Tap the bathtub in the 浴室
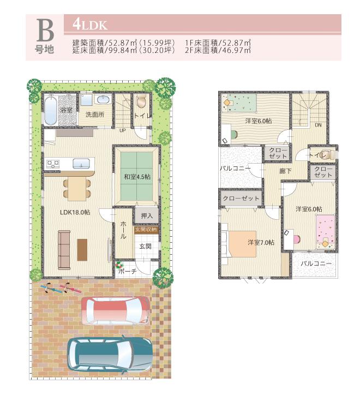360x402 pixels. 51,111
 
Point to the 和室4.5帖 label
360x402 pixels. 136,176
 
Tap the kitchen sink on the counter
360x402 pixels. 81,163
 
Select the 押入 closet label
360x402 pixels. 146,216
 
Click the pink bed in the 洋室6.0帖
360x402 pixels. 326,231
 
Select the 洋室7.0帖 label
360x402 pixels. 261,242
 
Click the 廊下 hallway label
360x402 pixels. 285,171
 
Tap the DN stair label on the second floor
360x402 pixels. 317,125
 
